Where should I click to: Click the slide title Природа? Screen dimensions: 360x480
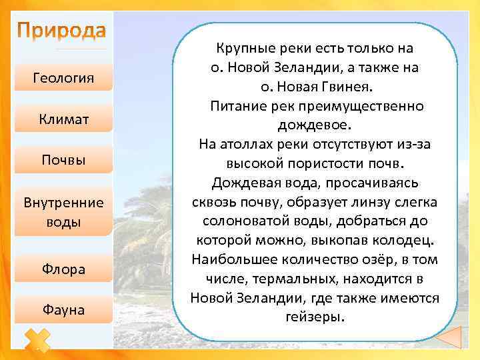pyautogui.click(x=61, y=31)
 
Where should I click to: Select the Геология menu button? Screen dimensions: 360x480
pyautogui.click(x=63, y=80)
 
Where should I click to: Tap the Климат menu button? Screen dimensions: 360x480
pyautogui.click(x=63, y=119)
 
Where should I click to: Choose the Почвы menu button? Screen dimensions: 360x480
pyautogui.click(x=63, y=160)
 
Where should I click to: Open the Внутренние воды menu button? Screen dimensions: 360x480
pyautogui.click(x=63, y=211)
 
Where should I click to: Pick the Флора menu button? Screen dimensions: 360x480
pyautogui.click(x=63, y=269)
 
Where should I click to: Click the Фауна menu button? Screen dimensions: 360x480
pyautogui.click(x=63, y=309)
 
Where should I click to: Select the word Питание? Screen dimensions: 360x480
pyautogui.click(x=237, y=107)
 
